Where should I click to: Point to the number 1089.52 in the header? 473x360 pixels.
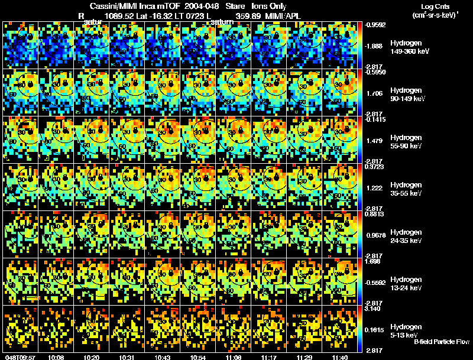tap(118, 16)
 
